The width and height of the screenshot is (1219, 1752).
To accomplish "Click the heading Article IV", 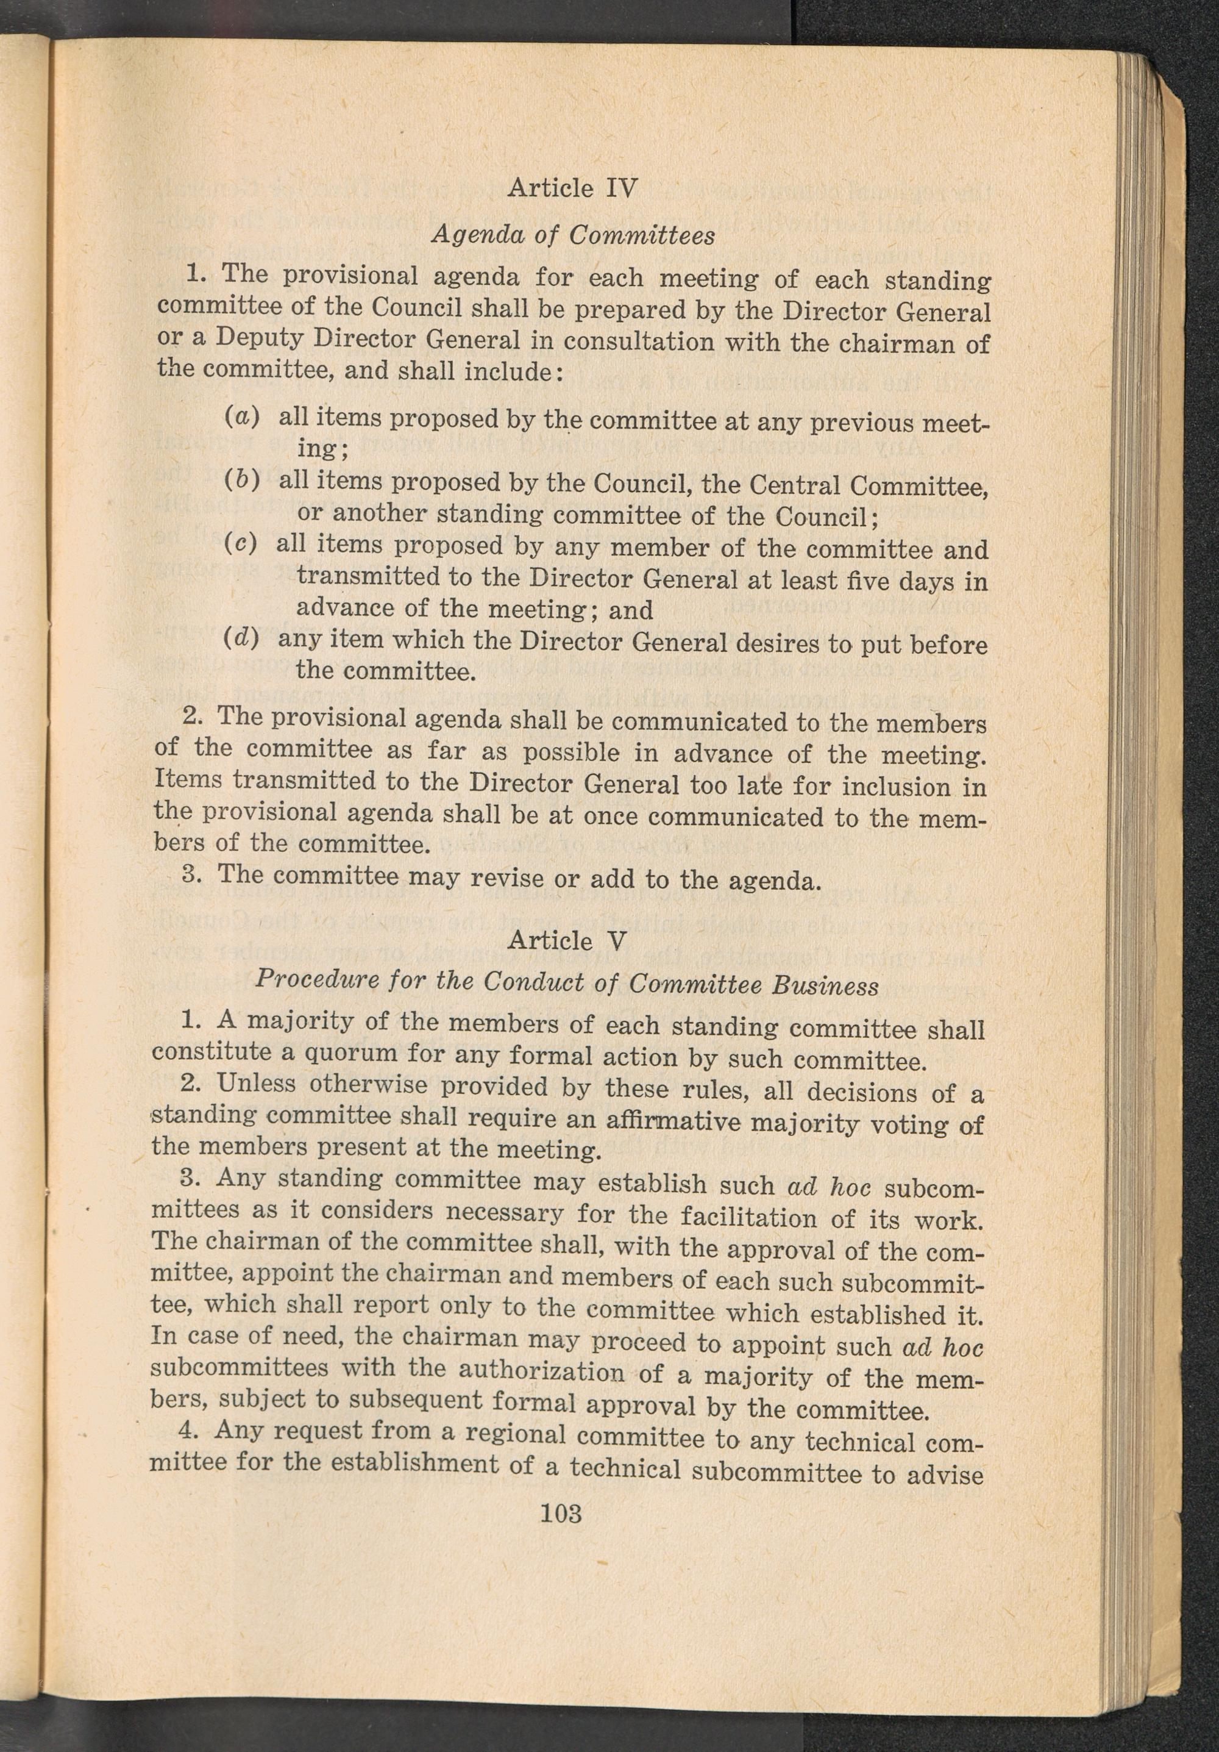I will tap(571, 187).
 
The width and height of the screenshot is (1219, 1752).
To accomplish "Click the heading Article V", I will tap(567, 940).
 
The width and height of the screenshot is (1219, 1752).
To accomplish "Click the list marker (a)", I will tap(243, 417).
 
